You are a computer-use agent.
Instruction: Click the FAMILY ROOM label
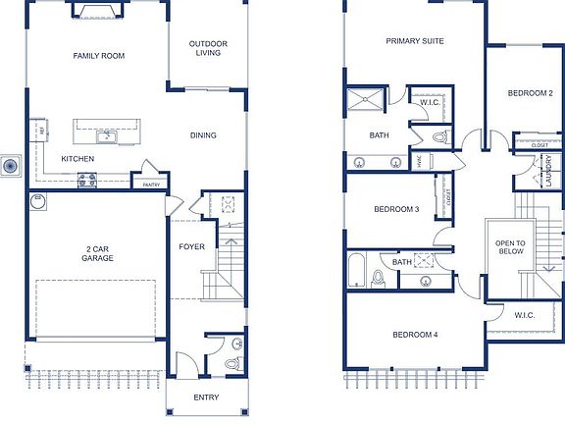pyautogui.click(x=99, y=56)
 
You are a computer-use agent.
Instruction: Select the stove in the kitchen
pyautogui.click(x=86, y=179)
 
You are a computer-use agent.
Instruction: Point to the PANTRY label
pyautogui.click(x=151, y=184)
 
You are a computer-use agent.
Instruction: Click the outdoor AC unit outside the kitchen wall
pyautogui.click(x=10, y=166)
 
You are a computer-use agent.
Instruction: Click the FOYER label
pyautogui.click(x=191, y=246)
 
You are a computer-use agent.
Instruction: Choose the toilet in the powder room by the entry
pyautogui.click(x=231, y=363)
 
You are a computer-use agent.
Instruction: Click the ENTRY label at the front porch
pyautogui.click(x=206, y=397)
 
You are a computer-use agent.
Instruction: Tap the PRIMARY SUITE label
pyautogui.click(x=415, y=41)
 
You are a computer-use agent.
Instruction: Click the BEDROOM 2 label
pyautogui.click(x=530, y=93)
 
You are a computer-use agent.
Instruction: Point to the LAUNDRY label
pyautogui.click(x=549, y=170)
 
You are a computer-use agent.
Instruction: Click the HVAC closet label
pyautogui.click(x=419, y=164)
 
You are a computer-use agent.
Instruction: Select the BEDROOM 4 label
pyautogui.click(x=415, y=335)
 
